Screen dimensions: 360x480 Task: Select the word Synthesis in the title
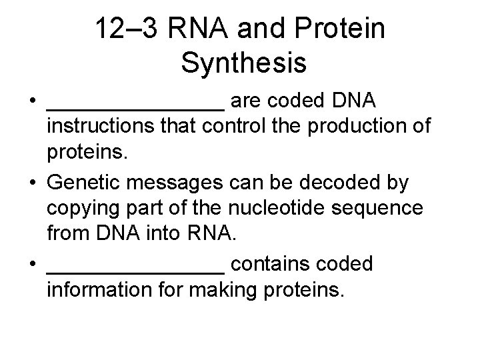coord(243,63)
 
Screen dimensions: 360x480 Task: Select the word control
coord(251,127)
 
